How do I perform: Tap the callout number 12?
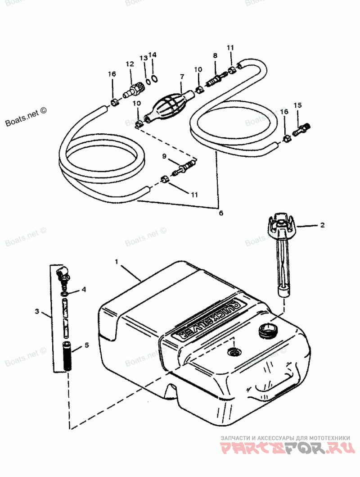point(130,64)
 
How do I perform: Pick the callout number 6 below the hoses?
point(220,213)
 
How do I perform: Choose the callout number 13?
point(143,58)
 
